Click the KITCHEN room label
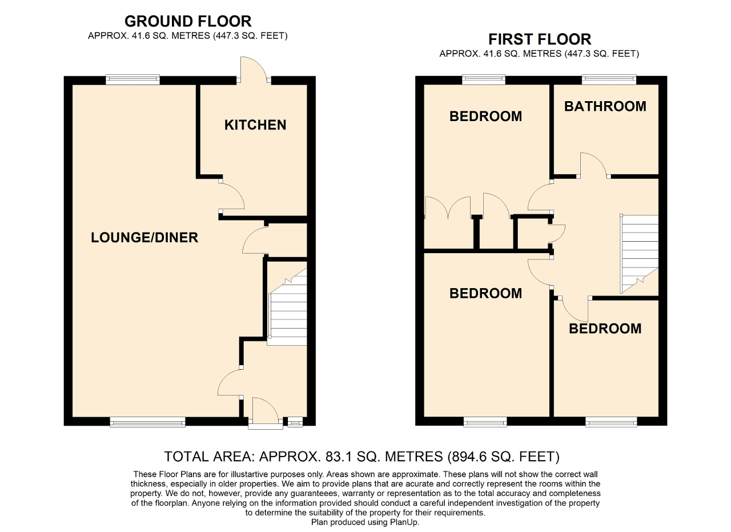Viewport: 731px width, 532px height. (255, 125)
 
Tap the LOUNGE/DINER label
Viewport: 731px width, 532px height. (144, 238)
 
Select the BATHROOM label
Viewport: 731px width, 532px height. (605, 106)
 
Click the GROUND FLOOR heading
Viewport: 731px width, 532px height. (188, 22)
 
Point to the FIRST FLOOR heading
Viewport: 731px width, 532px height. (539, 39)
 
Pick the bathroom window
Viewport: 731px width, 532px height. (609, 79)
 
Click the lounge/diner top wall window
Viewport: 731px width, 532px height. (132, 80)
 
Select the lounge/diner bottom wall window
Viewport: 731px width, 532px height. (148, 422)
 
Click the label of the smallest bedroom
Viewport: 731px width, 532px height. (605, 329)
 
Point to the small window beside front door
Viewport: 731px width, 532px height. (295, 422)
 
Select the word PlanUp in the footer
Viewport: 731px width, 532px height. (404, 522)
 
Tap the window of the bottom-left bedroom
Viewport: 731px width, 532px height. (485, 422)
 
